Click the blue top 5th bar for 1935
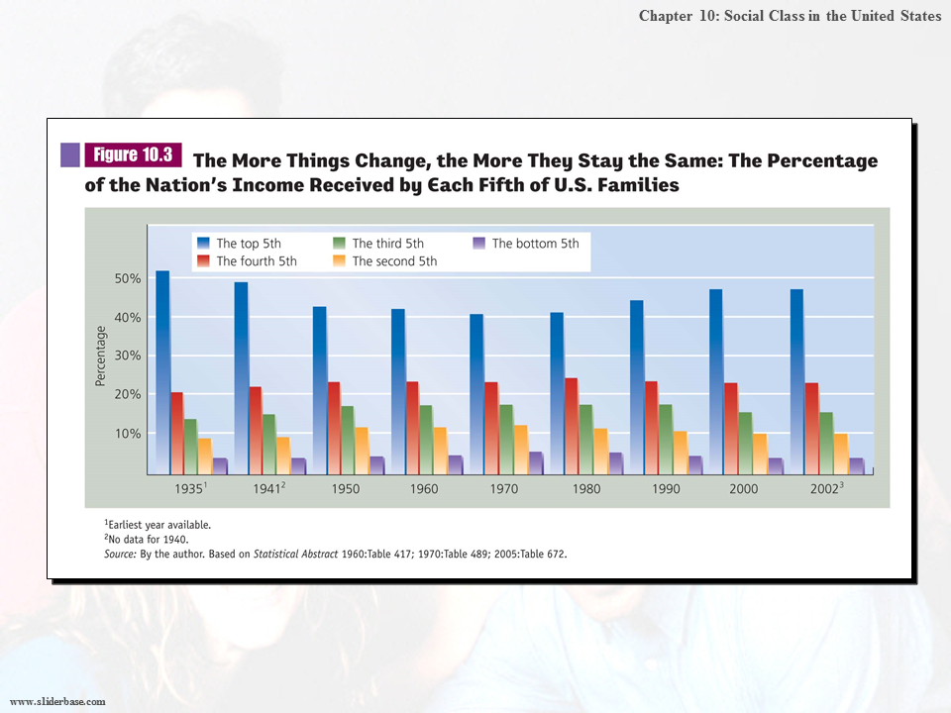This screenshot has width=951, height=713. (x=162, y=371)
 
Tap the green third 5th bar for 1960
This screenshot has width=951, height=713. (x=426, y=439)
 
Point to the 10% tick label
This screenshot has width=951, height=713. (x=129, y=434)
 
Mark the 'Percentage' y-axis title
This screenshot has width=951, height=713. (x=100, y=356)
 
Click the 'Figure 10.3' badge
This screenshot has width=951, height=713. (x=133, y=154)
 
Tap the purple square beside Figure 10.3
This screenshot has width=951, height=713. (x=70, y=154)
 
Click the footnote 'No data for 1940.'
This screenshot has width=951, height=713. (x=158, y=540)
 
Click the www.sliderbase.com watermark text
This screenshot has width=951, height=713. (x=57, y=701)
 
